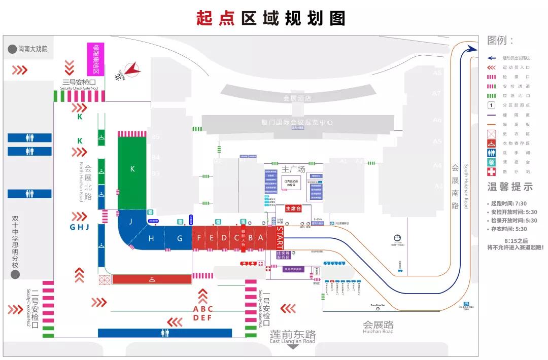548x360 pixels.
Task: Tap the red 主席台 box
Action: point(293,208)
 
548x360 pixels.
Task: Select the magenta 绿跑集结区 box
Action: point(96,59)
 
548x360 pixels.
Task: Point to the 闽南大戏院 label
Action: point(32,49)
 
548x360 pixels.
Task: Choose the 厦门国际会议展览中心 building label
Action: point(297,122)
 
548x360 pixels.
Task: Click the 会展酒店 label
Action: point(297,98)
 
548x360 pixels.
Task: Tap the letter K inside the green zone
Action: point(132,169)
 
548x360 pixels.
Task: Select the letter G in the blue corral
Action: point(180,238)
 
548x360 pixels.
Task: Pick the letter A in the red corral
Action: point(261,238)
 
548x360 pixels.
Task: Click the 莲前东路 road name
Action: point(293,335)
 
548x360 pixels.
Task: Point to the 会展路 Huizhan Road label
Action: point(378,326)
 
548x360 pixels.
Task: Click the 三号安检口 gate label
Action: point(79,82)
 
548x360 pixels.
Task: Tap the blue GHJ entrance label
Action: point(80,227)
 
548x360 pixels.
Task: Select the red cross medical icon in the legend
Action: point(491,172)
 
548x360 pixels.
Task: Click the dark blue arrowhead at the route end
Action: point(472,49)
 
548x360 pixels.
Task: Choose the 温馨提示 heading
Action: point(510,187)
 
